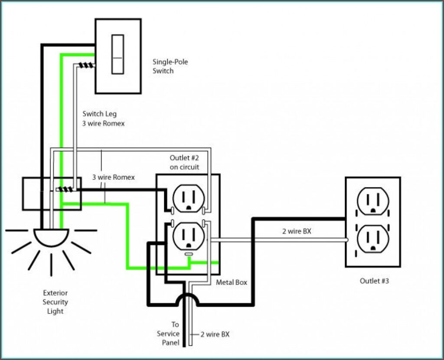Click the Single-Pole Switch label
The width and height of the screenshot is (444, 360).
(170, 66)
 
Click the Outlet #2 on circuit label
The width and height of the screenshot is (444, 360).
(185, 162)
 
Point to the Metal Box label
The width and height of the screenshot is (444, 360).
(232, 282)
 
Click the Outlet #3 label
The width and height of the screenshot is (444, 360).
(374, 281)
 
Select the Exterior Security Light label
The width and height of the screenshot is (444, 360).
(55, 302)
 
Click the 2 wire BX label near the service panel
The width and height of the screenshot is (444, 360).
(215, 334)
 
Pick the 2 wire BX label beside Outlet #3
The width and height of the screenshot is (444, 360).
(297, 231)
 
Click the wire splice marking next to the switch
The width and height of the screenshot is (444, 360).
(86, 66)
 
